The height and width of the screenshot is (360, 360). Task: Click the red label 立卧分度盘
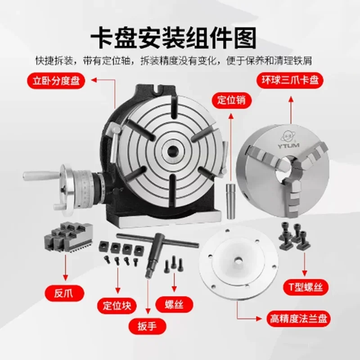pyautogui.click(x=56, y=81)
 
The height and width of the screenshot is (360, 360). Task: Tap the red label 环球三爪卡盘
pyautogui.click(x=290, y=80)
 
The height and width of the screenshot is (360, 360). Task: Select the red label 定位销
pyautogui.click(x=232, y=100)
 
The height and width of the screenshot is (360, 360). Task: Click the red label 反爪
pyautogui.click(x=64, y=293)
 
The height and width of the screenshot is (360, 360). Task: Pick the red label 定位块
pyautogui.click(x=117, y=306)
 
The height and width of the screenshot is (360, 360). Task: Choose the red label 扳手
pyautogui.click(x=147, y=326)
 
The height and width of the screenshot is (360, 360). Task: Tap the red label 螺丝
pyautogui.click(x=174, y=305)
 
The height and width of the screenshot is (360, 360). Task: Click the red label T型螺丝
pyautogui.click(x=306, y=287)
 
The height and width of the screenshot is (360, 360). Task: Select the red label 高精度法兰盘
pyautogui.click(x=298, y=319)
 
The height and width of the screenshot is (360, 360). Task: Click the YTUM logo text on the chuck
pyautogui.click(x=288, y=145)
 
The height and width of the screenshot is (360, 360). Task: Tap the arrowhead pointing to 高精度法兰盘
pyautogui.click(x=259, y=319)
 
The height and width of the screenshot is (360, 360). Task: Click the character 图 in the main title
pyautogui.click(x=245, y=38)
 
